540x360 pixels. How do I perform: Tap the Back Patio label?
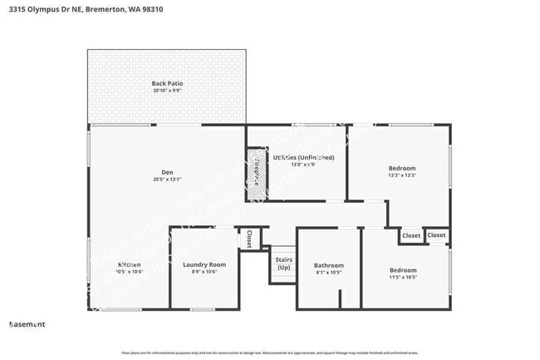167,83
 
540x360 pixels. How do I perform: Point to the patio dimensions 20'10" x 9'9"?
167,90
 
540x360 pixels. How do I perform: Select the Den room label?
167,172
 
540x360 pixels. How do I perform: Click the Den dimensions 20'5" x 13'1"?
167,179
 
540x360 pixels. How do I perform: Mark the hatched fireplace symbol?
257,175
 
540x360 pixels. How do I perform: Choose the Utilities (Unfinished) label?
303,157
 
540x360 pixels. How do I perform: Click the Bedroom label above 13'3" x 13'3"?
402,168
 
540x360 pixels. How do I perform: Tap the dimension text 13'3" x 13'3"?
402,175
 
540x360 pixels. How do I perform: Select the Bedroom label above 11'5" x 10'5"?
403,270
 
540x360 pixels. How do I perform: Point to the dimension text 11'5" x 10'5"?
403,277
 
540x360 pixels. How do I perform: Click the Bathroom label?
329,265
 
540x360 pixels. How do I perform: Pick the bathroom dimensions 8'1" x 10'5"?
329,273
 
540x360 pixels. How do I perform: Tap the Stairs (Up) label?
283,264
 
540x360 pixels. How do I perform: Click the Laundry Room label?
204,264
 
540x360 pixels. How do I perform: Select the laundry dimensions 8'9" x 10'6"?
204,272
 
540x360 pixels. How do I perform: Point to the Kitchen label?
106,264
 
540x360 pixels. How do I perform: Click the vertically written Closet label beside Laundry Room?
248,239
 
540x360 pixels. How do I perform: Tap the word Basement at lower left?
27,324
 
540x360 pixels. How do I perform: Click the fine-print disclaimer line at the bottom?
270,353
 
